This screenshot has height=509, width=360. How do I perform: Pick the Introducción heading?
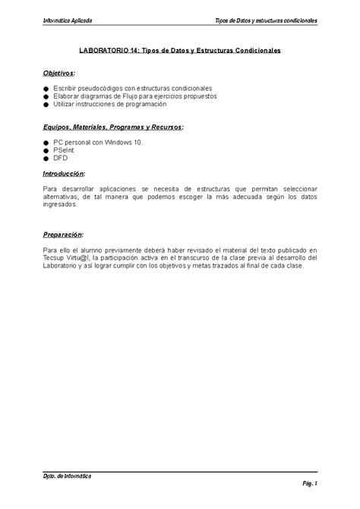[x=64, y=173]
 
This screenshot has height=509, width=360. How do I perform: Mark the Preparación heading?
[x=63, y=235]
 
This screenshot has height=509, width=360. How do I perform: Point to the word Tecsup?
[x=54, y=258]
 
